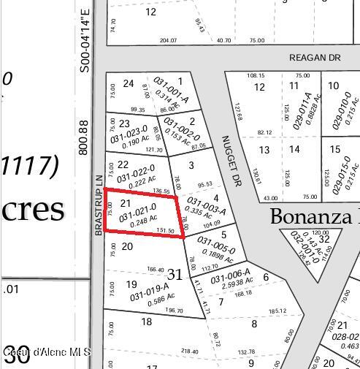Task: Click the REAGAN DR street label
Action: tap(315, 58)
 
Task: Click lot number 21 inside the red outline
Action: tap(126, 203)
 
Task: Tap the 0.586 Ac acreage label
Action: tap(160, 298)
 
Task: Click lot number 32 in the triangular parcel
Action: tap(323, 238)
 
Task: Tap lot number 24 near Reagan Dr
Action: tap(129, 83)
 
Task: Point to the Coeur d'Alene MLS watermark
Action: tap(46, 352)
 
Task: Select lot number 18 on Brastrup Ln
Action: tap(146, 322)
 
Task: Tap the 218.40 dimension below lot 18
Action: tap(189, 351)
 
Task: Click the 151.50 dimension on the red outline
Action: tap(166, 230)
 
